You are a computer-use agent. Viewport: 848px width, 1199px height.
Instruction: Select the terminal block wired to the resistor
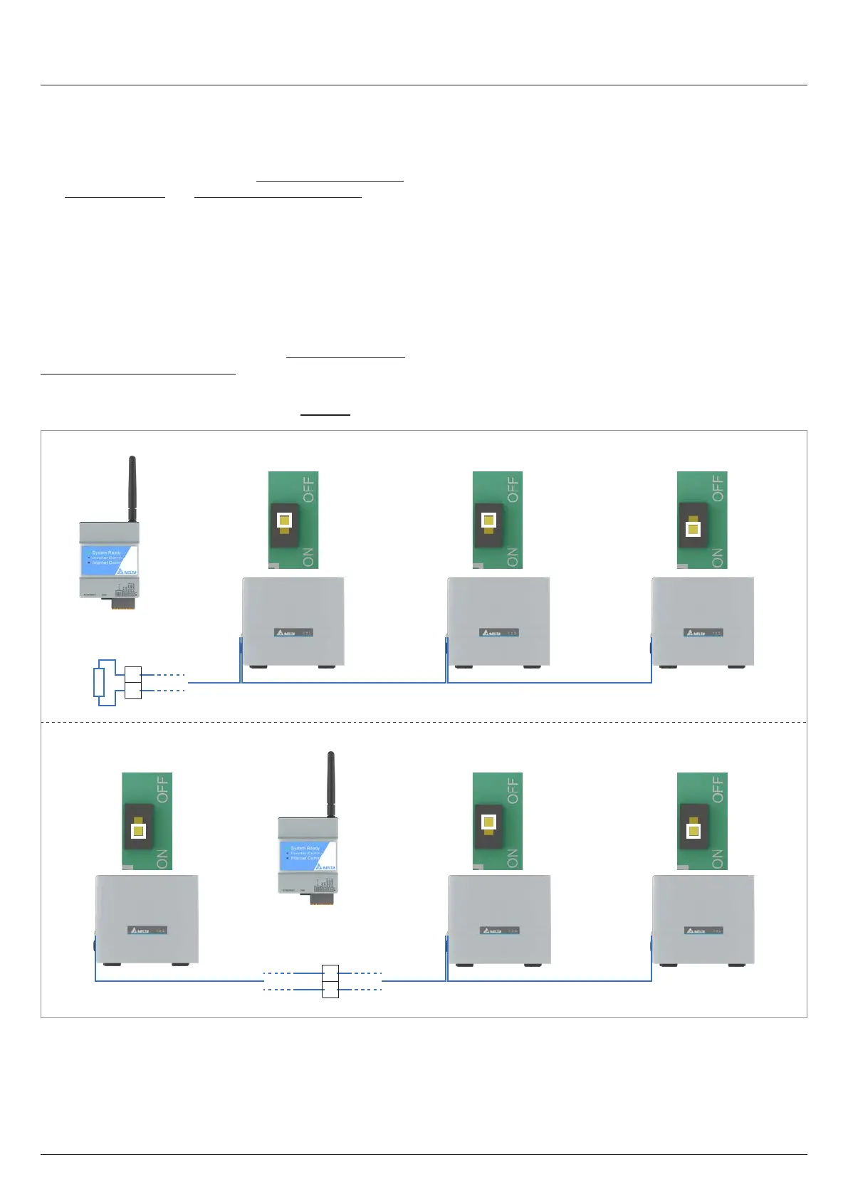pyautogui.click(x=132, y=682)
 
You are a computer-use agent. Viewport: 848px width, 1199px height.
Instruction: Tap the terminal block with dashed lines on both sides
pyautogui.click(x=330, y=980)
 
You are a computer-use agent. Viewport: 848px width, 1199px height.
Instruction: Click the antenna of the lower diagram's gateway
pyautogui.click(x=330, y=784)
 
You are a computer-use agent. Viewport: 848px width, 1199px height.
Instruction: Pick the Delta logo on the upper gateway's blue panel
pyautogui.click(x=129, y=571)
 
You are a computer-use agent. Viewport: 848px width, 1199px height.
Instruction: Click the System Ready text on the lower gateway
pyautogui.click(x=305, y=848)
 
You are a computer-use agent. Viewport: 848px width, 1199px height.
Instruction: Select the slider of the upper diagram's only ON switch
pyautogui.click(x=693, y=529)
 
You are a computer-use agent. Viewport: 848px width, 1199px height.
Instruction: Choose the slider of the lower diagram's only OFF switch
pyautogui.click(x=488, y=822)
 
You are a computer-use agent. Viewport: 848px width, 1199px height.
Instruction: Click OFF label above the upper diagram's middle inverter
pyautogui.click(x=513, y=489)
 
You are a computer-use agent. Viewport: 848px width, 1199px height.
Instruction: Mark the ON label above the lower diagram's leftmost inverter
pyautogui.click(x=162, y=859)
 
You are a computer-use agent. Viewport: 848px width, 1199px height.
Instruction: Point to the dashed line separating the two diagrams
pyautogui.click(x=424, y=722)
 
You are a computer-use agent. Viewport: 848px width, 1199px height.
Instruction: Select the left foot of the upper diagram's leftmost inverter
pyautogui.click(x=258, y=667)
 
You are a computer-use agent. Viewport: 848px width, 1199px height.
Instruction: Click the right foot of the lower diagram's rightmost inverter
pyautogui.click(x=736, y=965)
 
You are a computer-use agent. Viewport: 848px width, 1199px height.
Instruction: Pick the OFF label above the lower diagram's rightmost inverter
pyautogui.click(x=717, y=790)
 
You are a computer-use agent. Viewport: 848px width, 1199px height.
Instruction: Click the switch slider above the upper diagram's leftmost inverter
pyautogui.click(x=284, y=520)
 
